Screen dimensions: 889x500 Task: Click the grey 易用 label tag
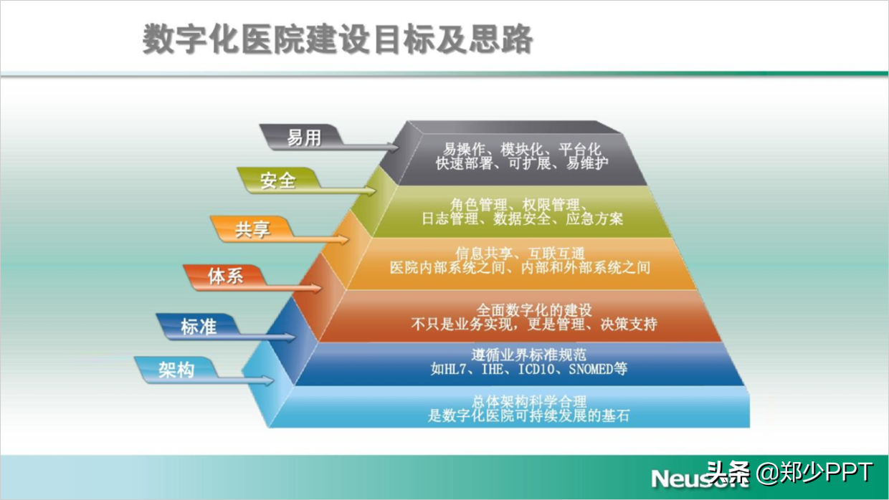pyautogui.click(x=302, y=138)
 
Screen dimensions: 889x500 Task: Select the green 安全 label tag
pyautogui.click(x=279, y=181)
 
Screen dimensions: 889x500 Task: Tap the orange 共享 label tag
pyautogui.click(x=252, y=229)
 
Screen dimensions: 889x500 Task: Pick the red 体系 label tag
pyautogui.click(x=225, y=277)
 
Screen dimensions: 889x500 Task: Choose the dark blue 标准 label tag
pyautogui.click(x=198, y=327)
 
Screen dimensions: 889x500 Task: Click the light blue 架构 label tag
pyautogui.click(x=176, y=370)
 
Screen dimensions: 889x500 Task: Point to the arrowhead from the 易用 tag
pyautogui.click(x=393, y=148)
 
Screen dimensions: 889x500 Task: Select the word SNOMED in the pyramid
pyautogui.click(x=591, y=370)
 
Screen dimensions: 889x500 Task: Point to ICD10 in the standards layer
pyautogui.click(x=536, y=370)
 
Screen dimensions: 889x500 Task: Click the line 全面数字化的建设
pyautogui.click(x=534, y=309)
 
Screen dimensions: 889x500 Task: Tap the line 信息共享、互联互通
pyautogui.click(x=520, y=254)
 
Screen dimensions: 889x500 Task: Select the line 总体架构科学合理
pyautogui.click(x=529, y=402)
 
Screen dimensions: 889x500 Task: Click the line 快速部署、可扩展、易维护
pyautogui.click(x=522, y=163)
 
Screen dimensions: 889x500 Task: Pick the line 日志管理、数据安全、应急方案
pyautogui.click(x=522, y=218)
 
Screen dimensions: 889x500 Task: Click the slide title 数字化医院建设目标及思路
pyautogui.click(x=338, y=39)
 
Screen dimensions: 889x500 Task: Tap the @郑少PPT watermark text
pyautogui.click(x=815, y=473)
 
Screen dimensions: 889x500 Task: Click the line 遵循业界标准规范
pyautogui.click(x=529, y=355)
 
